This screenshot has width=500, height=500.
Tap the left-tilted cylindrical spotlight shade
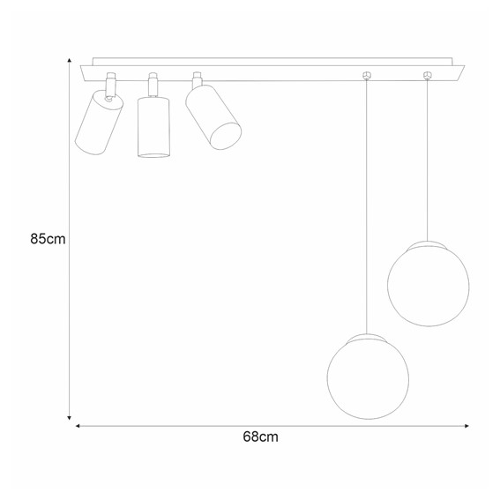click(x=98, y=123)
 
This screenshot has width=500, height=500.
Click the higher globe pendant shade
click(x=429, y=284)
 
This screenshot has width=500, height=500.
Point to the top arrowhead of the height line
click(x=70, y=62)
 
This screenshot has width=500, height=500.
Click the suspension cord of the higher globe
click(x=428, y=159)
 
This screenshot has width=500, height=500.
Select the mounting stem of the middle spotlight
click(x=153, y=83)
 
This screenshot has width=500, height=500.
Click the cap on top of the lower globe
click(x=368, y=336)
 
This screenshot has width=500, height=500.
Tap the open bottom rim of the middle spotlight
click(x=153, y=155)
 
